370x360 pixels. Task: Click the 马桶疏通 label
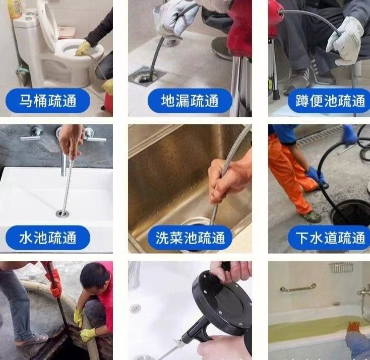48,101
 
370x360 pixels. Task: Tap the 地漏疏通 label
190,101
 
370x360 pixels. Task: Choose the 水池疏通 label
48,238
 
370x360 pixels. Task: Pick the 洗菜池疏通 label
190,238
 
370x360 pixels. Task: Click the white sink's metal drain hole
63,213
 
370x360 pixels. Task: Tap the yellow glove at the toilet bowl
83,48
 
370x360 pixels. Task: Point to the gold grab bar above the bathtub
298,288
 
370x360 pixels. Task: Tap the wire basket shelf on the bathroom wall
341,267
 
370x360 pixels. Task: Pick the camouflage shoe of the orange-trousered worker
312,216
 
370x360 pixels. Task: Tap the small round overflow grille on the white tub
136,309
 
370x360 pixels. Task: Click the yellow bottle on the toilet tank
15,9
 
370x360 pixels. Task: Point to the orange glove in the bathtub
354,327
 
